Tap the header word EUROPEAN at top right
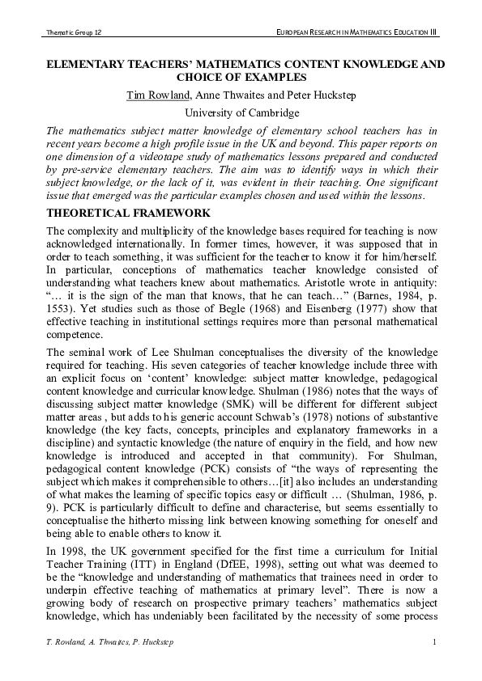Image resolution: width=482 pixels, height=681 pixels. [x=297, y=32]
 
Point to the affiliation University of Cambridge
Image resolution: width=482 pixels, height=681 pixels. [x=241, y=113]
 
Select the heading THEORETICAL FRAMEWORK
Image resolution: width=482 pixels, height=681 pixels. [x=117, y=213]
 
